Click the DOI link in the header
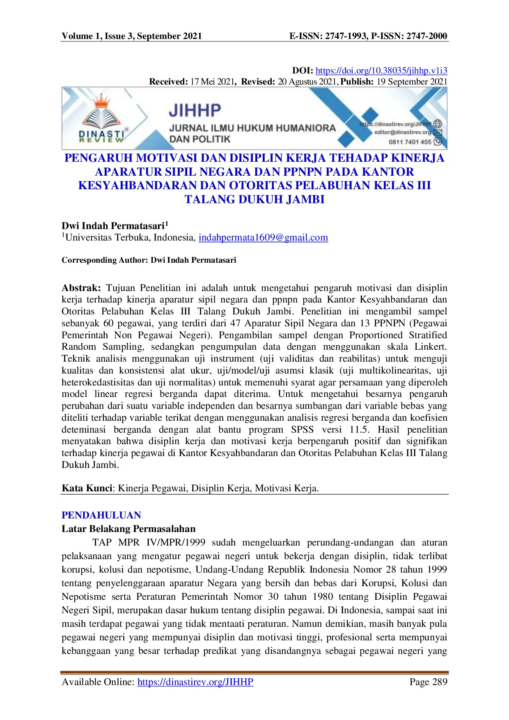pyautogui.click(x=381, y=71)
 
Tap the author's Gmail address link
pyautogui.click(x=263, y=238)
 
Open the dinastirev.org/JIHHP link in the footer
pyautogui.click(x=195, y=682)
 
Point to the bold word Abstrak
pyautogui.click(x=81, y=288)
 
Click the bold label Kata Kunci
pyautogui.click(x=87, y=488)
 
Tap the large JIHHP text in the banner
pyautogui.click(x=195, y=110)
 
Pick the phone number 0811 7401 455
pyautogui.click(x=410, y=142)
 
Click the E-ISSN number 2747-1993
pyautogui.click(x=346, y=36)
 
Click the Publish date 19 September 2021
pyautogui.click(x=412, y=82)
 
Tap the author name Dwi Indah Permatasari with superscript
pyautogui.click(x=115, y=226)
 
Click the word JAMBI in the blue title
pyautogui.click(x=305, y=199)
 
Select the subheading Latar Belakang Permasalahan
pyautogui.click(x=128, y=529)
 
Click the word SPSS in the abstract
pyautogui.click(x=302, y=430)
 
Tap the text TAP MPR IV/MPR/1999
pyautogui.click(x=149, y=543)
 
